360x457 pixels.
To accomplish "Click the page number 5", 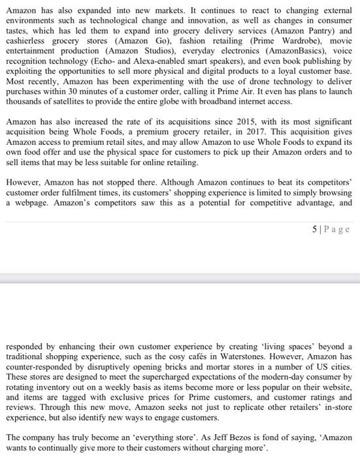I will tap(315, 229).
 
